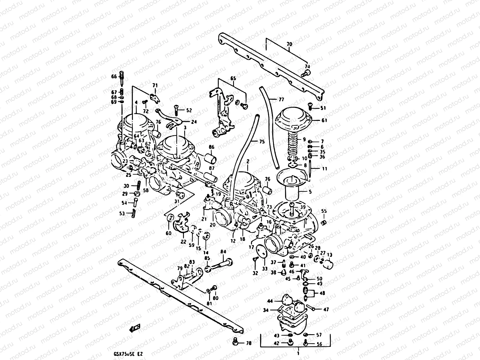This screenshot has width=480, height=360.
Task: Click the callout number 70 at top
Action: click(x=289, y=44)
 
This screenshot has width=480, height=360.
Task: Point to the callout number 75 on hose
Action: click(x=262, y=142)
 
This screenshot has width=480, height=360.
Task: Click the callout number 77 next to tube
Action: click(x=281, y=99)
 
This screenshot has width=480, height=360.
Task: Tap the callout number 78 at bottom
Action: click(x=249, y=343)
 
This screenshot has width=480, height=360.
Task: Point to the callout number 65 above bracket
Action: click(x=233, y=78)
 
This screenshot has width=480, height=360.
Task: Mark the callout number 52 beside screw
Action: click(x=189, y=110)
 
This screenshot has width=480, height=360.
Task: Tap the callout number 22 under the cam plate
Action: click(x=183, y=241)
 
